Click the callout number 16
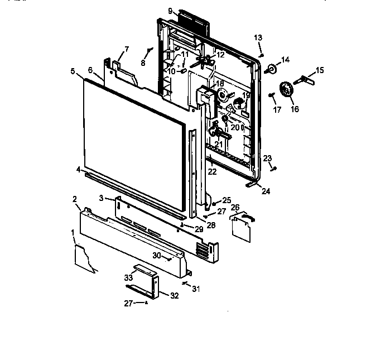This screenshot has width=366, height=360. click(295, 109)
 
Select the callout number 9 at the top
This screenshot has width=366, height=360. click(170, 11)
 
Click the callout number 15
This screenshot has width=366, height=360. click(319, 70)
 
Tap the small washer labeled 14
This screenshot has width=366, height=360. click(273, 69)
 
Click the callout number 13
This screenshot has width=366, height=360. click(258, 37)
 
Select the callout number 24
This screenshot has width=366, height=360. click(266, 191)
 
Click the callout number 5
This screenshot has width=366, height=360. click(73, 71)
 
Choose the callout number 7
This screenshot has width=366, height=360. click(126, 50)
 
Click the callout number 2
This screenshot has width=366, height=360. click(74, 199)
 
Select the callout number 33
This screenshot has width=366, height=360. click(128, 277)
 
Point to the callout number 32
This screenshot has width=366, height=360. click(174, 296)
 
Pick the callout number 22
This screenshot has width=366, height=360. click(212, 172)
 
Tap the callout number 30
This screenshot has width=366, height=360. click(157, 255)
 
